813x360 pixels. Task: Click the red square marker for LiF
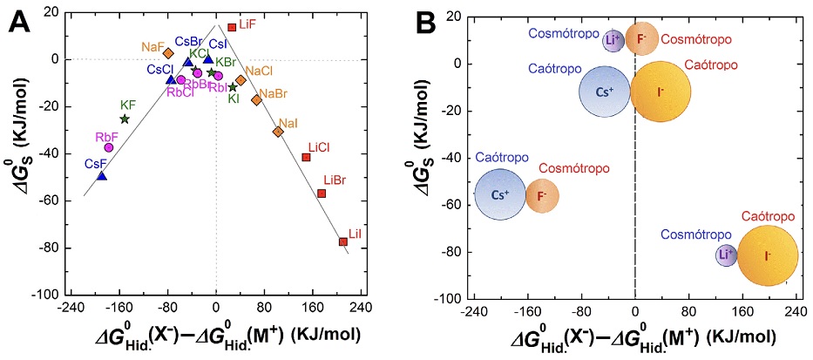coord(232,28)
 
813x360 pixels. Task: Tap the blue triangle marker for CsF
coord(102,176)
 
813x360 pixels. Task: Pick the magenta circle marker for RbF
coord(110,147)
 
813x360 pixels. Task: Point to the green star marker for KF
coord(125,119)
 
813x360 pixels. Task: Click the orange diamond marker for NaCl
coord(241,80)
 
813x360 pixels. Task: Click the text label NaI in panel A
coord(288,122)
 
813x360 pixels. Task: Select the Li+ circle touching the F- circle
coord(613,40)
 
